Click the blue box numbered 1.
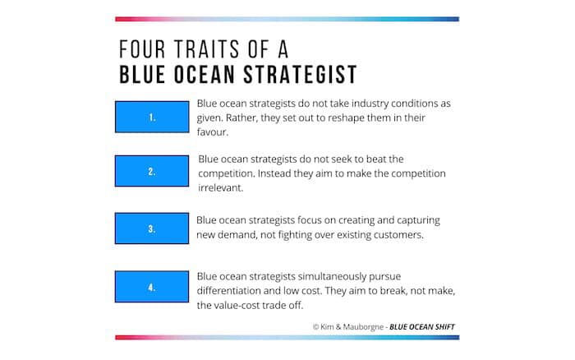coord(152,117)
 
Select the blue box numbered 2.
coord(152,171)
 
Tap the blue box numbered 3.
coord(152,228)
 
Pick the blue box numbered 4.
coord(152,287)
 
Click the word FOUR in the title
coord(142,49)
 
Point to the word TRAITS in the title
coord(207,49)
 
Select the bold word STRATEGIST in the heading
coord(301,75)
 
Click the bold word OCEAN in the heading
coord(205,75)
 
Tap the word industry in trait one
coord(370,104)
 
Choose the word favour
coord(212,132)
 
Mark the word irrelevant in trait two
coord(220,188)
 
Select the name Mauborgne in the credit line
coord(363,326)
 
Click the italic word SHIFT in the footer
coord(444,326)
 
